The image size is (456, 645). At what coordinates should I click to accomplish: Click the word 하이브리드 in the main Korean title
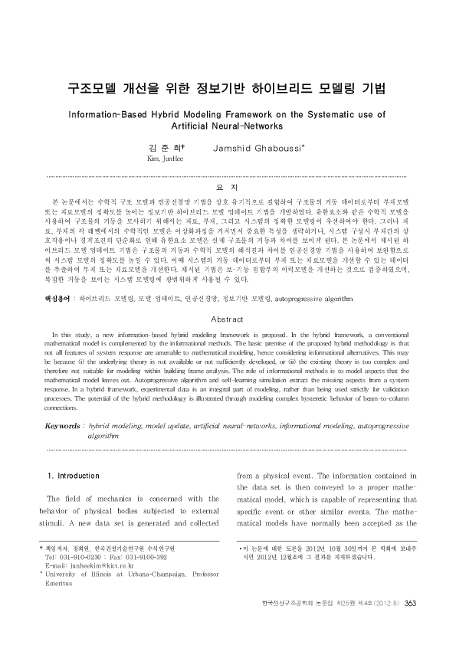[287, 88]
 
